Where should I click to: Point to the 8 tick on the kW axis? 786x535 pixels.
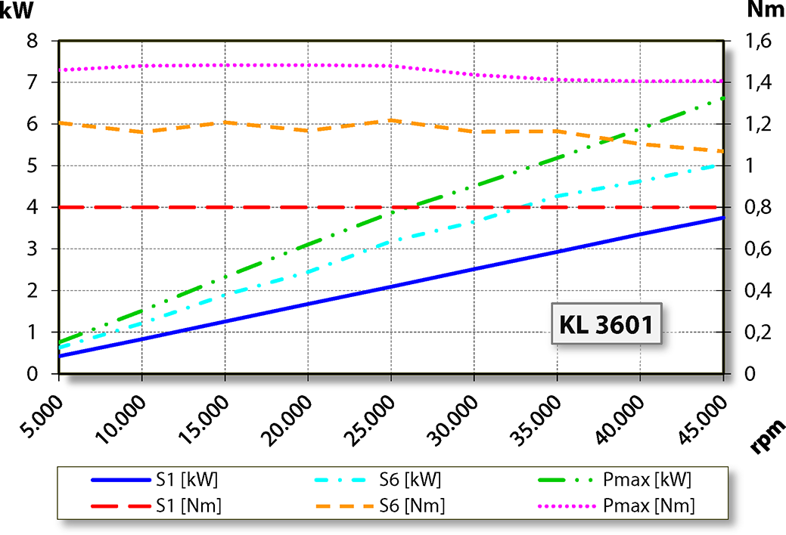click(x=32, y=41)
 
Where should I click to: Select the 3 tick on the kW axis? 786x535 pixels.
click(x=32, y=249)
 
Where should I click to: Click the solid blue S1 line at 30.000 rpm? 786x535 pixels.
click(x=474, y=269)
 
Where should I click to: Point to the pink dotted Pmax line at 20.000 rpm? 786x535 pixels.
click(x=308, y=64)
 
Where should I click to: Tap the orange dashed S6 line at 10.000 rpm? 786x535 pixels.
click(x=141, y=132)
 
